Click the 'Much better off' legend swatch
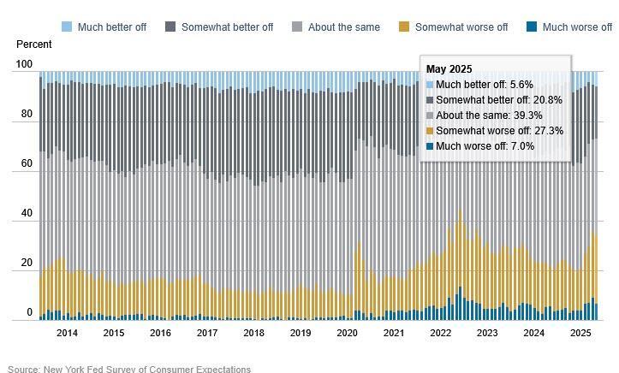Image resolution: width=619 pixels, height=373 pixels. click(x=68, y=27)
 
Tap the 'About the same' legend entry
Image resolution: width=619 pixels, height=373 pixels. click(x=343, y=27)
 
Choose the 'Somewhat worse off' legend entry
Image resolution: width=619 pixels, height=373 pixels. click(x=461, y=27)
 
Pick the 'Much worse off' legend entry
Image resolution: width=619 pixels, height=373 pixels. click(x=577, y=27)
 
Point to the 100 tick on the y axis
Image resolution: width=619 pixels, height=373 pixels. click(x=24, y=64)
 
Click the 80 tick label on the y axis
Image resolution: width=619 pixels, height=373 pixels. click(x=27, y=114)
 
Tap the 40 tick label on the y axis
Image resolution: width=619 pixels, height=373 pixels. click(x=27, y=213)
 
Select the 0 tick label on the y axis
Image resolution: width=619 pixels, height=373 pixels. click(x=29, y=312)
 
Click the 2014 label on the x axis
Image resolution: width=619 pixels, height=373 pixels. click(x=67, y=333)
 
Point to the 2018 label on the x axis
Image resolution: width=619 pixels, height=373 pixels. click(x=253, y=333)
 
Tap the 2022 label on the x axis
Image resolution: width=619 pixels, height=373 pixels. click(x=440, y=333)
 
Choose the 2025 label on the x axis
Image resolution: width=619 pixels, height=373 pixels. click(x=580, y=333)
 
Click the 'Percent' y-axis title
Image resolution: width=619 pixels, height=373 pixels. click(x=33, y=44)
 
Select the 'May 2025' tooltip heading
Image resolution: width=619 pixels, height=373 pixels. click(x=449, y=69)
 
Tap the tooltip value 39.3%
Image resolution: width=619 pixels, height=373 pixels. click(x=525, y=115)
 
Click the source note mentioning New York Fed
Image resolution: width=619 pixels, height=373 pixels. click(x=129, y=369)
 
